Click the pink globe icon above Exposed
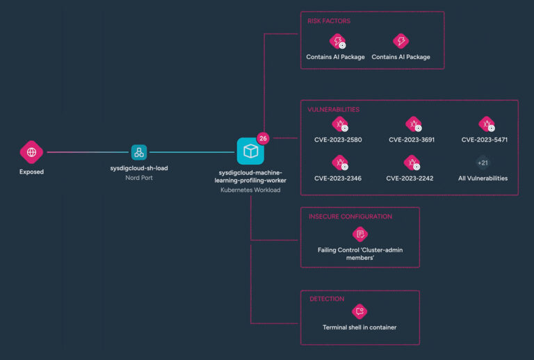pyautogui.click(x=31, y=152)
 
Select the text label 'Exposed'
pyautogui.click(x=31, y=172)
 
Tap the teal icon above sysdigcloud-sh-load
pyautogui.click(x=139, y=152)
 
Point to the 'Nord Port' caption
pyautogui.click(x=139, y=178)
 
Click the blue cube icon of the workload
pyautogui.click(x=250, y=151)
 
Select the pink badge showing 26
pyautogui.click(x=263, y=138)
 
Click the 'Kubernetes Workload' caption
pyautogui.click(x=250, y=190)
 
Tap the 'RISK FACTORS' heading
pyautogui.click(x=329, y=21)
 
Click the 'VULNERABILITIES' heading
pyautogui.click(x=334, y=110)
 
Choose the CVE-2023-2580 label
pyautogui.click(x=338, y=140)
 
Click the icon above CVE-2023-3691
pyautogui.click(x=413, y=124)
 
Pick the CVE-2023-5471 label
pyautogui.click(x=485, y=140)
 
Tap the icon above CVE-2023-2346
pyautogui.click(x=339, y=163)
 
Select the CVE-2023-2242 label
pyautogui.click(x=410, y=179)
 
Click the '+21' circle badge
pyautogui.click(x=483, y=163)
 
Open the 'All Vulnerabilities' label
pyautogui.click(x=483, y=179)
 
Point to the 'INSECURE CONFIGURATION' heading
pyautogui.click(x=350, y=217)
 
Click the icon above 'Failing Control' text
pyautogui.click(x=359, y=234)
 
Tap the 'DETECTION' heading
pyautogui.click(x=327, y=299)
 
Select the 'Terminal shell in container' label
pyautogui.click(x=359, y=327)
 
